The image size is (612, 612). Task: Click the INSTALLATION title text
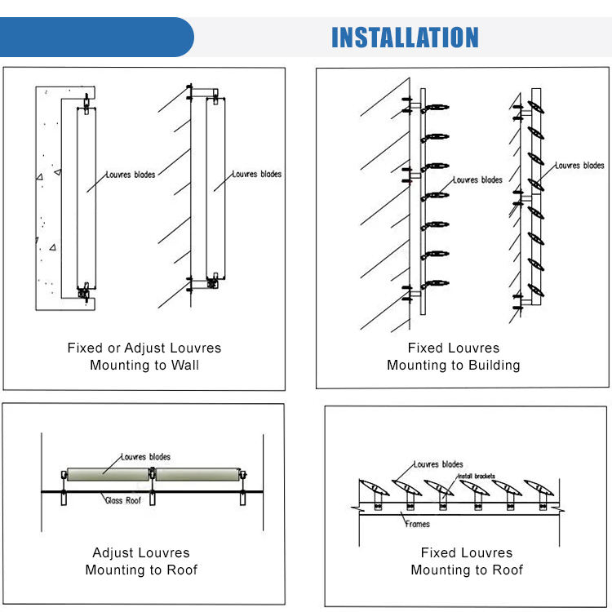tap(405, 38)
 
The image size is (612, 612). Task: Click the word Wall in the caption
tap(184, 365)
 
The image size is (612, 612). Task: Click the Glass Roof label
tap(124, 499)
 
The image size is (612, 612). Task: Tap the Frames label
tap(417, 524)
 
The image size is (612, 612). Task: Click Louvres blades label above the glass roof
tap(145, 457)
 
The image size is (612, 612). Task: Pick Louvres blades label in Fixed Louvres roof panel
tap(438, 464)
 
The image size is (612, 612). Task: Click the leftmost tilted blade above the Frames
tap(374, 488)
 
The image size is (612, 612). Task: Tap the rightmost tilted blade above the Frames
tap(538, 488)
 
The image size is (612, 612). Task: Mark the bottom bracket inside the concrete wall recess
tap(84, 290)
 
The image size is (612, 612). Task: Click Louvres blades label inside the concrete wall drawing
tap(131, 174)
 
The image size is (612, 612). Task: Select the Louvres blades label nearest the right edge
tap(579, 166)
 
